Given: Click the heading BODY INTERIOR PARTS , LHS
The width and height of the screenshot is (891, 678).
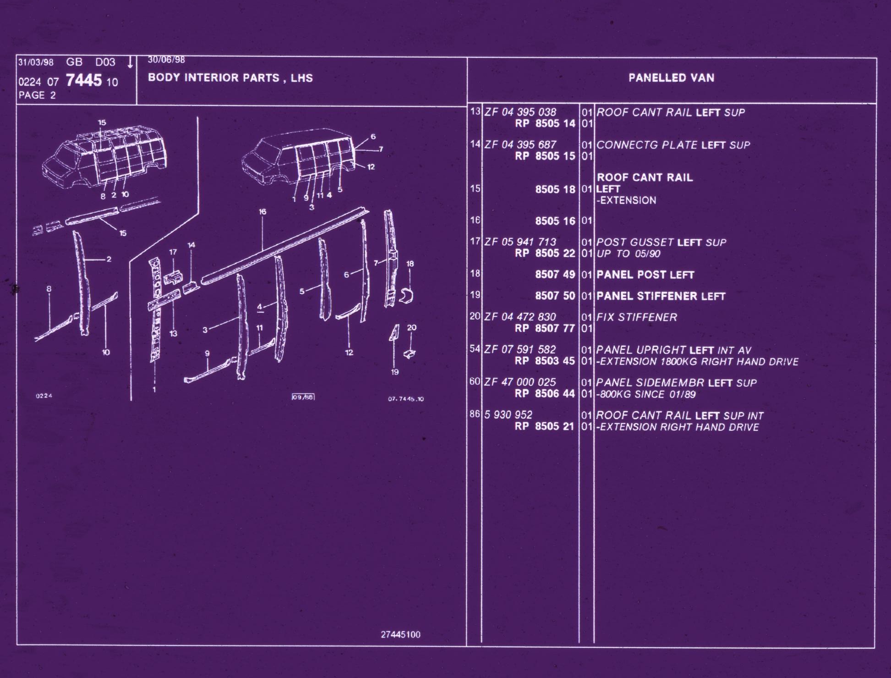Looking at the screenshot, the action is pos(230,78).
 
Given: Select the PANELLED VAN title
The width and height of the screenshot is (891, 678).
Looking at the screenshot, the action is pos(671,78).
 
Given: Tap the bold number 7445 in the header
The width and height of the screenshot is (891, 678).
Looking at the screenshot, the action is pos(84,81).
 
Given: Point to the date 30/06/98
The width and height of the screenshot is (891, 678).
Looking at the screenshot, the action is pos(166,60).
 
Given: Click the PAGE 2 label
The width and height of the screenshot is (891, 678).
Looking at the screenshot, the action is pos(37,95).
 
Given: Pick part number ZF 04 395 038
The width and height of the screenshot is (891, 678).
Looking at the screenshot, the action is pos(520,112).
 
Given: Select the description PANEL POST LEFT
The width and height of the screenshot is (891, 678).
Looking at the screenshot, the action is pos(645,275).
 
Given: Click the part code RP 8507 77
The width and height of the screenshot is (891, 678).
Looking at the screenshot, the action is pos(545,329).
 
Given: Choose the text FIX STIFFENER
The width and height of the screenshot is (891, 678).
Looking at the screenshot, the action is pos(636,317).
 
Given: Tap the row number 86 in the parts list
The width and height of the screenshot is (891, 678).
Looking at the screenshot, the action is pos(475,414).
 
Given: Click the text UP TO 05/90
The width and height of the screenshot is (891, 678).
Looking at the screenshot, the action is pos(628,254).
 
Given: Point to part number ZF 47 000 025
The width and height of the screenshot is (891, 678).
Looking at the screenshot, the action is pos(520,382).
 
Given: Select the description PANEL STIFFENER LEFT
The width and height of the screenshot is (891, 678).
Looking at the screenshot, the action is pos(661,296).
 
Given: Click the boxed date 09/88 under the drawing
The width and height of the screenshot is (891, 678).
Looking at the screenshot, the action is pos(303,397).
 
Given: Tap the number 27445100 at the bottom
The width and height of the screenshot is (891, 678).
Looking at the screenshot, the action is pos(400,635).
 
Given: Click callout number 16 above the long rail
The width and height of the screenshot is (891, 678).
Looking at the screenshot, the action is pos(262,212).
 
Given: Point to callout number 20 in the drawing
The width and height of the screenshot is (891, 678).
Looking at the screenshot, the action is pos(411,328).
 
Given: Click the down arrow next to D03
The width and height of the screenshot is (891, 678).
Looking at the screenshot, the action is pos(130,62).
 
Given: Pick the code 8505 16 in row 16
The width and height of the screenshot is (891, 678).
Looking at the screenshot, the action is pos(555,221).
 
